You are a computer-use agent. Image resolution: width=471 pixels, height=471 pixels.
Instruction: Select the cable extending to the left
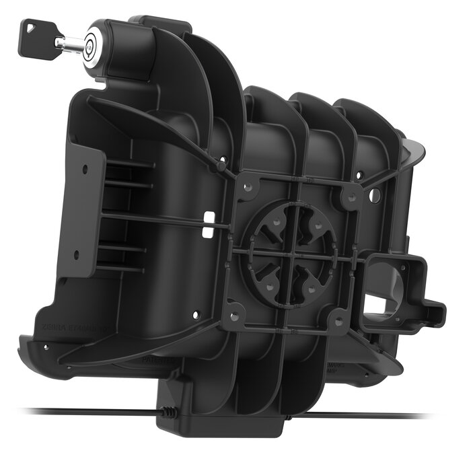pos(81,410)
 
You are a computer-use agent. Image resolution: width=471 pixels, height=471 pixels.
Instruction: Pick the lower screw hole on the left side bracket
pos(76,254)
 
